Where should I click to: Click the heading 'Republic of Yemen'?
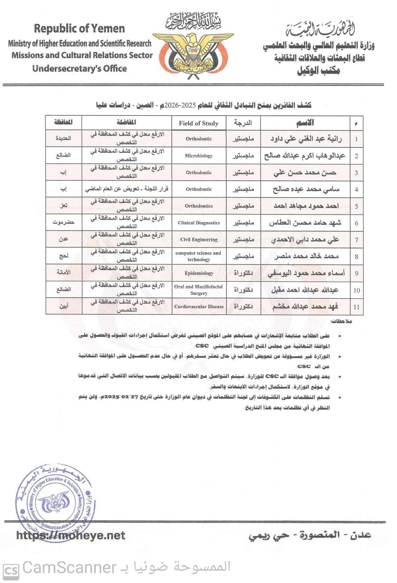79,29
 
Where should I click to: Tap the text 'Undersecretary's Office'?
80,69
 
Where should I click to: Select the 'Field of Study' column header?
199,123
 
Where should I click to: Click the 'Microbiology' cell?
199,156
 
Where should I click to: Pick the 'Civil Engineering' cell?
199,239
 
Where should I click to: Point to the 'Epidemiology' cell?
199,273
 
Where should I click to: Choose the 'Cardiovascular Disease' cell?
199,306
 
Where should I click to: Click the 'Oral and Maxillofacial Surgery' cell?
199,290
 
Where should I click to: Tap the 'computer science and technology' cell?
199,256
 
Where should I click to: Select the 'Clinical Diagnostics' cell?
199,223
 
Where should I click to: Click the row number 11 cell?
356,307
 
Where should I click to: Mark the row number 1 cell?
356,139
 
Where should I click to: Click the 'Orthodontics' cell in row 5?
199,206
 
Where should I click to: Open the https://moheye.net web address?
70,536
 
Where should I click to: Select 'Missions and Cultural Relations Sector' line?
82,55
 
